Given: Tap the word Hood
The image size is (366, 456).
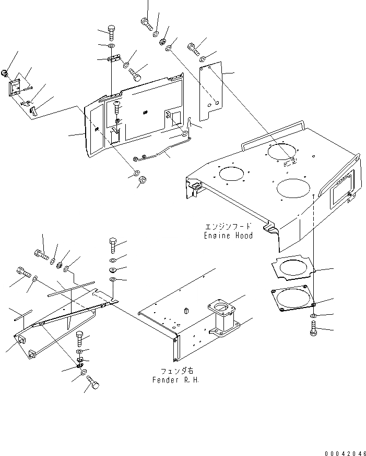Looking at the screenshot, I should [x=244, y=236].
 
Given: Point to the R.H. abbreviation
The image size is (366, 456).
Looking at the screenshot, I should [x=192, y=380].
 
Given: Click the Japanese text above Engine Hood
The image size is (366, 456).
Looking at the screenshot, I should [x=228, y=227].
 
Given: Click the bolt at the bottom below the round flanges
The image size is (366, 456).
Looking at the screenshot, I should [x=313, y=328].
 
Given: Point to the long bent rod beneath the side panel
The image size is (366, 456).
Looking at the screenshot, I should [x=156, y=155].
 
